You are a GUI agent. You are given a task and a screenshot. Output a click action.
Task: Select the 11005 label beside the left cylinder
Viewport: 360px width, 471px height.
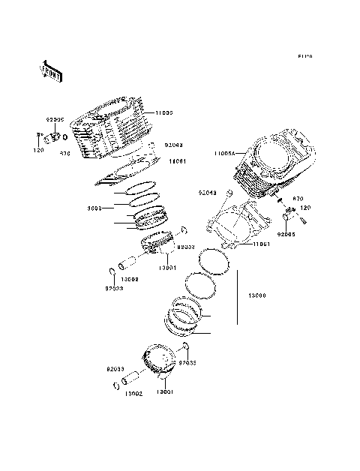(163, 112)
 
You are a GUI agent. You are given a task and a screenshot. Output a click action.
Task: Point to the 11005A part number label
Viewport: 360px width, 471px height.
(223, 152)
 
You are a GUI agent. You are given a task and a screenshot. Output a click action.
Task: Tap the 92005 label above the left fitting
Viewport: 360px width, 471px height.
(55, 118)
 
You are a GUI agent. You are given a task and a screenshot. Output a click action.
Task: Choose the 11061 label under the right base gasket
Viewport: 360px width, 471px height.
(261, 244)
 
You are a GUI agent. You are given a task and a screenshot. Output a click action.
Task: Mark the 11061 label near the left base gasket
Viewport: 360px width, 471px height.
(177, 160)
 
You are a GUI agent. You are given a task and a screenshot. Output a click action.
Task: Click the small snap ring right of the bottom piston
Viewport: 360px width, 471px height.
(185, 346)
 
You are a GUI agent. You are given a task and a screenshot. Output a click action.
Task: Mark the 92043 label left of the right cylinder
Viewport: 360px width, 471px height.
(208, 193)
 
